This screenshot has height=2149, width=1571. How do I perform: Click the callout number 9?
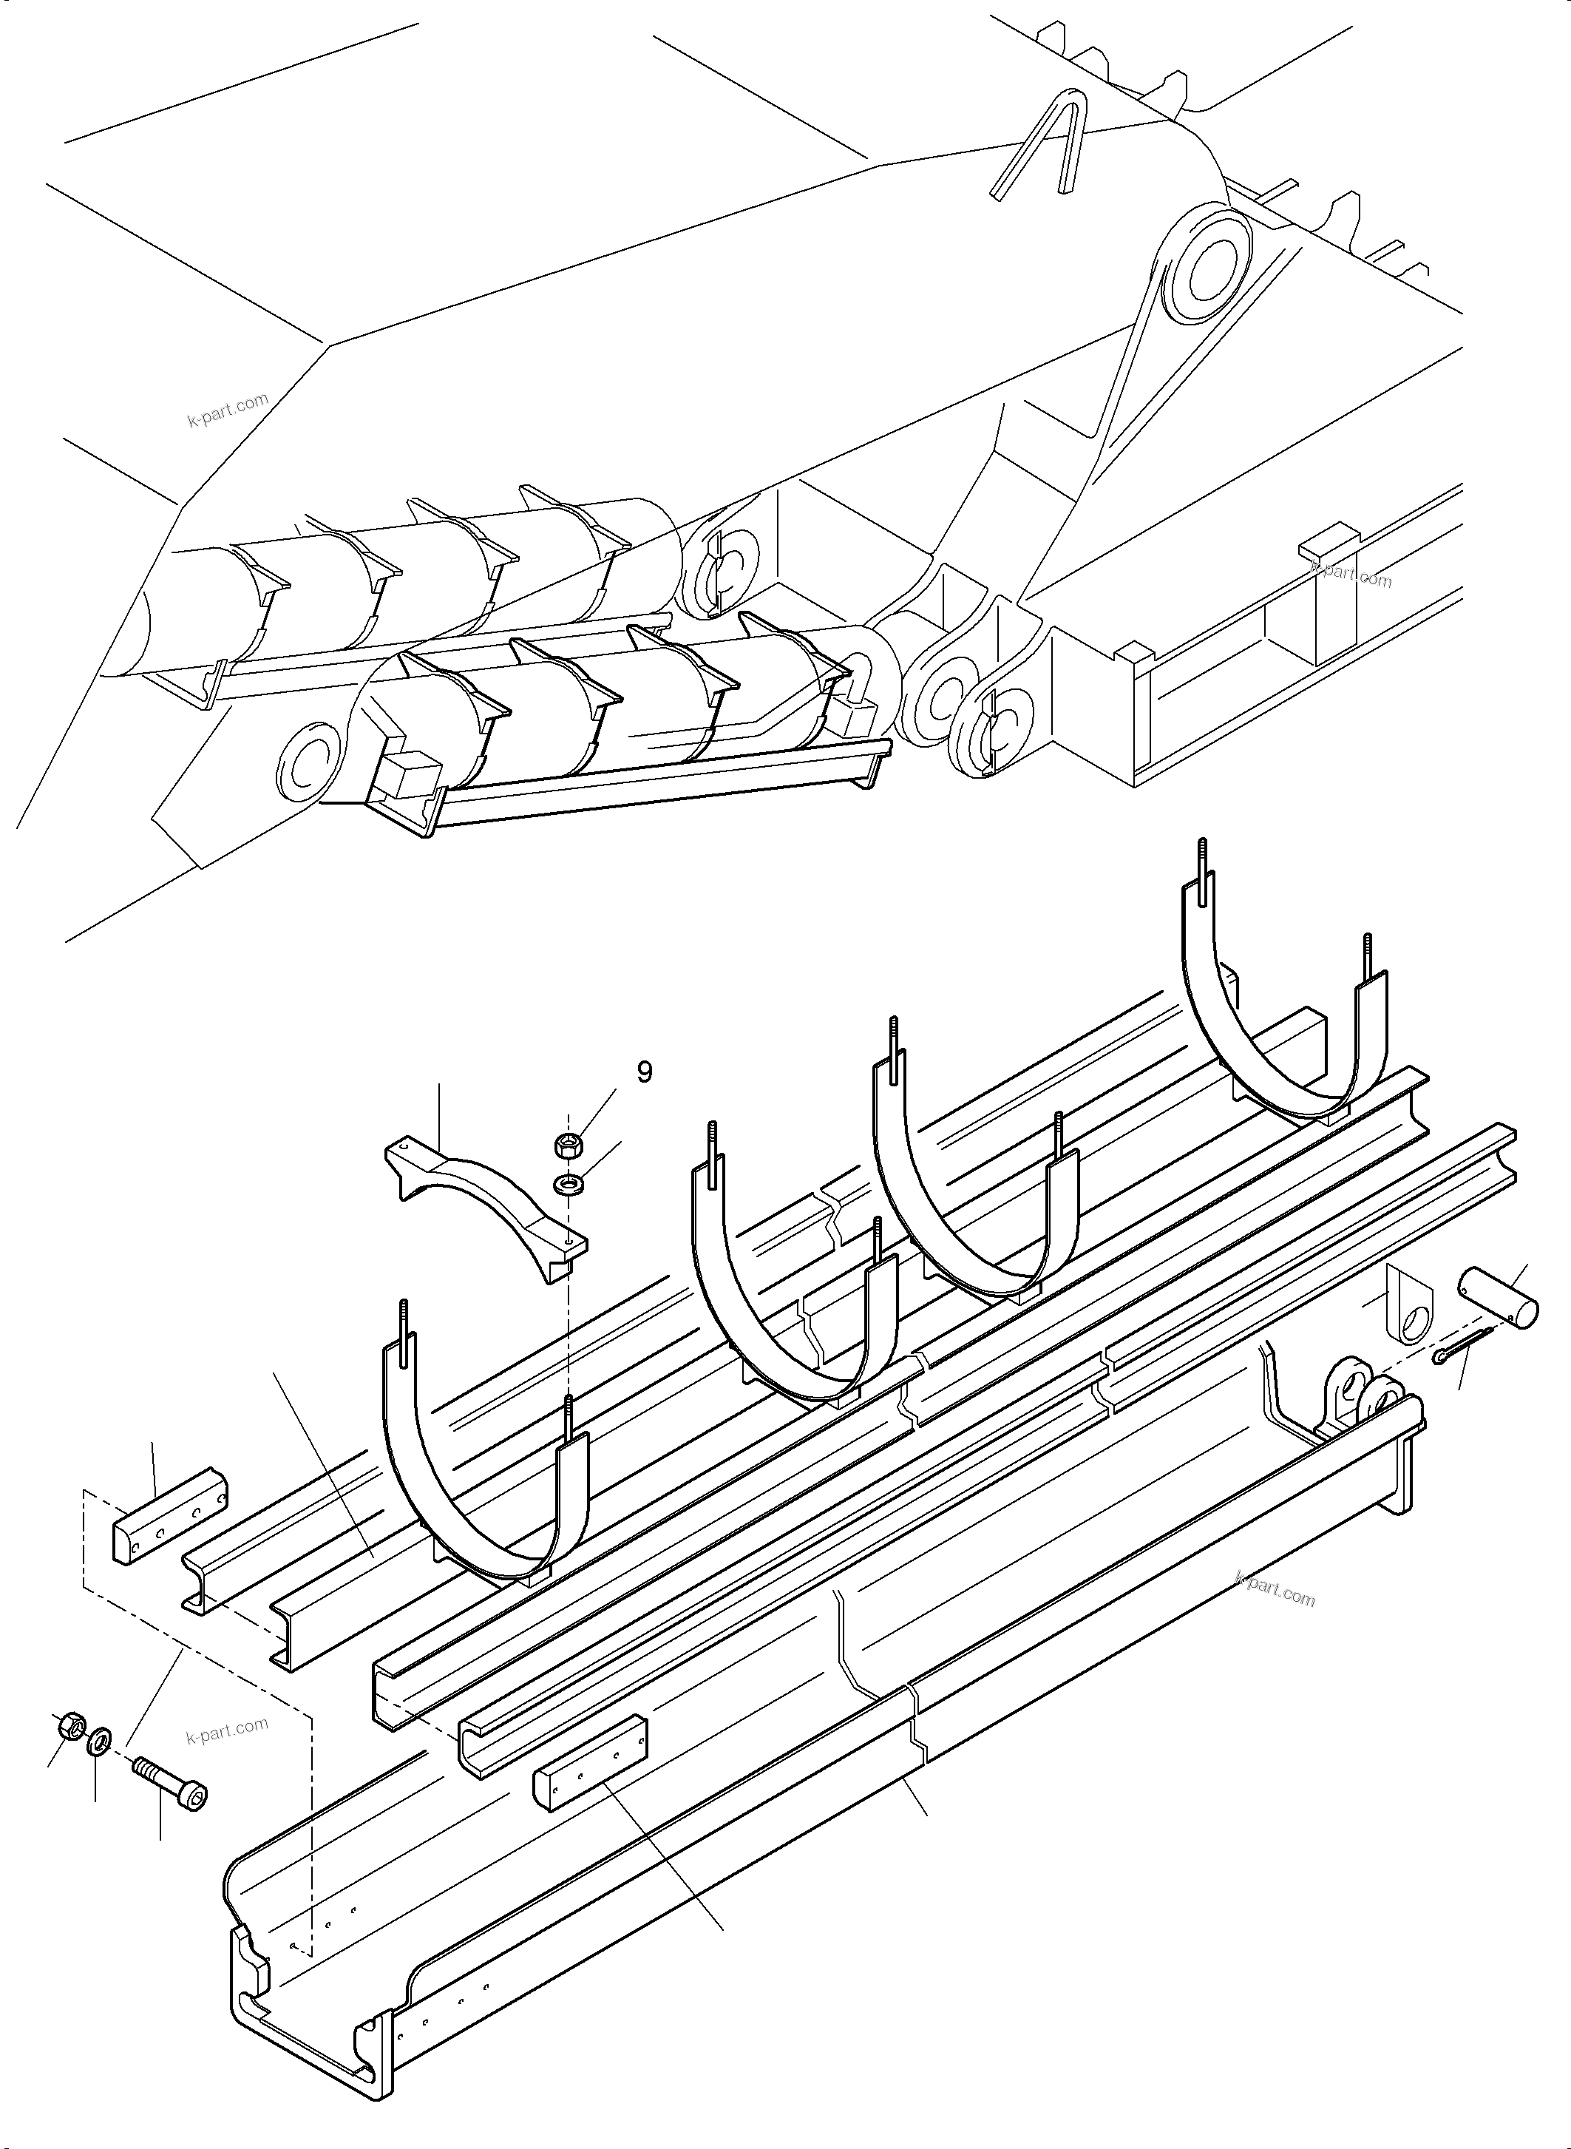645,1072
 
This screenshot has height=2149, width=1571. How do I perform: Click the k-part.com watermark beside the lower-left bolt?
228,1726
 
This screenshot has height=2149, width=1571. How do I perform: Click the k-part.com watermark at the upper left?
228,411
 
